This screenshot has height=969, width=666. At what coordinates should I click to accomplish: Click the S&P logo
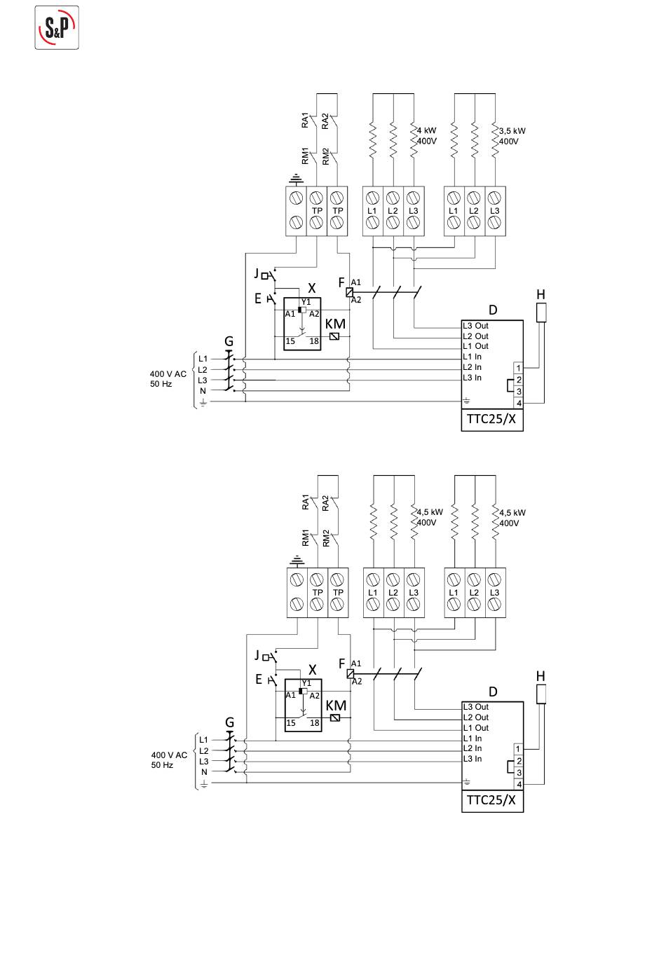click(x=57, y=28)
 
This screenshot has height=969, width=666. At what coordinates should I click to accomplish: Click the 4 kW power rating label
click(x=427, y=130)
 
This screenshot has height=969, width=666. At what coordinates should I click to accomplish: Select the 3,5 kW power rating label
click(x=512, y=130)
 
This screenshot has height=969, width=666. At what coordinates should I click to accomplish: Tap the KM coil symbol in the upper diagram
click(x=334, y=336)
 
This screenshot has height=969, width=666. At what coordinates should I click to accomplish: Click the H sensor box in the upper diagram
click(x=541, y=312)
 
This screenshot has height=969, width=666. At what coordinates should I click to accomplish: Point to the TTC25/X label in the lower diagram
click(x=491, y=800)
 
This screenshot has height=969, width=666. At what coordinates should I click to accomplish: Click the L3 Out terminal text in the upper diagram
click(x=475, y=326)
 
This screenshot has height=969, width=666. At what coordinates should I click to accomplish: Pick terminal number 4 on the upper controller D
click(x=519, y=403)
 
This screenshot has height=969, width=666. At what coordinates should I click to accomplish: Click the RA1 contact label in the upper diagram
click(x=305, y=121)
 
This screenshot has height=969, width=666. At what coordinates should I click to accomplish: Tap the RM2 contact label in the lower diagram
click(x=326, y=538)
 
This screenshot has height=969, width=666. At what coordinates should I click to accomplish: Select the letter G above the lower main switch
click(x=230, y=722)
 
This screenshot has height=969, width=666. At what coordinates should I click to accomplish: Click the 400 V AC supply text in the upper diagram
click(x=168, y=373)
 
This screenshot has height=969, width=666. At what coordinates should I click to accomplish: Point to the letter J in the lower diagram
click(x=257, y=655)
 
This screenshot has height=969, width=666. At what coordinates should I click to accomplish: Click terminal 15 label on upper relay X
click(x=290, y=341)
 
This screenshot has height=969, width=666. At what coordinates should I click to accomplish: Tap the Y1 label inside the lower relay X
click(x=306, y=682)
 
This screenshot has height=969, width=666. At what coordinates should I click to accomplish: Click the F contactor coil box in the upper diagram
click(x=350, y=292)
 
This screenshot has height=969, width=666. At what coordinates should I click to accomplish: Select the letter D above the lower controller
click(x=493, y=692)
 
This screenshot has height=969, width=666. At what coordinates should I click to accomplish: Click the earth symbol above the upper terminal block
click(x=296, y=178)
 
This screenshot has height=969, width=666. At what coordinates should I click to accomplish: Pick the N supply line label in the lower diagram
click(x=204, y=772)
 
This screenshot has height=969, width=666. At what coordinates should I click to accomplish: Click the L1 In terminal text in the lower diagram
click(x=472, y=738)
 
